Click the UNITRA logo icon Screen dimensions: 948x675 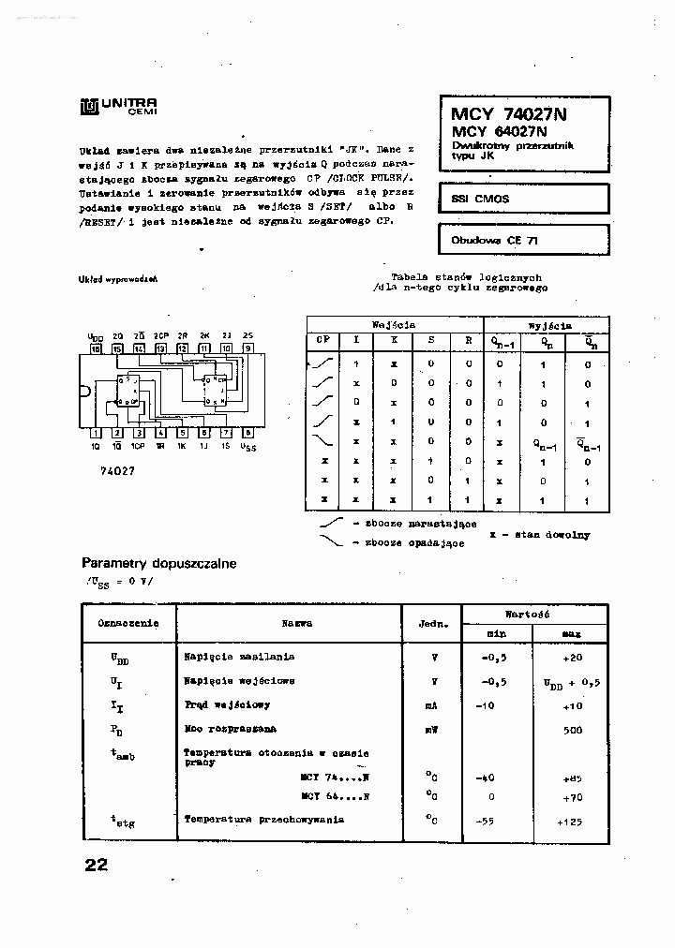coord(89,107)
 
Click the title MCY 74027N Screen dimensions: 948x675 coord(503,114)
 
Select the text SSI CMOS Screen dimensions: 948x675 coord(480,200)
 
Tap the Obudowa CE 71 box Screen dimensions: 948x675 coord(523,240)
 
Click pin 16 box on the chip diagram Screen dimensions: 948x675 coord(96,348)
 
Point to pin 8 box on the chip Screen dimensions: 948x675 coord(247,433)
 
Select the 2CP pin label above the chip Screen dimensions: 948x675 coord(160,335)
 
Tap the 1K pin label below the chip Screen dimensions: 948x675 coord(182,446)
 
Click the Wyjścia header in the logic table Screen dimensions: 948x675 coord(549,325)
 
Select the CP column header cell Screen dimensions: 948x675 coord(322,341)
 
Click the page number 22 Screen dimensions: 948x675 coord(96,865)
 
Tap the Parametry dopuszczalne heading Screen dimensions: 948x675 coord(159,564)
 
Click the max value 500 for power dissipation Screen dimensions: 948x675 coord(572,729)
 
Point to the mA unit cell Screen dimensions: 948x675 coord(431,705)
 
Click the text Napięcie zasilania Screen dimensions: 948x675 coord(239,657)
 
